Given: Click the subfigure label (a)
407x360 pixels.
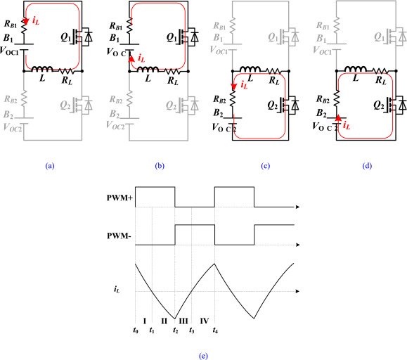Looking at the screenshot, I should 49,166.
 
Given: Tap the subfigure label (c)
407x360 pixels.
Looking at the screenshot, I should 264,166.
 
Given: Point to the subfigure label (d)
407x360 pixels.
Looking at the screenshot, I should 366,166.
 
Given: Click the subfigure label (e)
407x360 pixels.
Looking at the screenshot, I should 203,355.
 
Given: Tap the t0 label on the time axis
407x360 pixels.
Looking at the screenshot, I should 135,330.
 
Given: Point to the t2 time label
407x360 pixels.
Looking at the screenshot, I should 175,330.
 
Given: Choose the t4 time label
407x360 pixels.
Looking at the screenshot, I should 214,330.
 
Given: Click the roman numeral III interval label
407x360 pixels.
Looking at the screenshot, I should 183,321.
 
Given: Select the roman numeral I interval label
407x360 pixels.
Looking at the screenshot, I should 143,321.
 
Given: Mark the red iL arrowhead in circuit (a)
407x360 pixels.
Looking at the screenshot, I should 26,21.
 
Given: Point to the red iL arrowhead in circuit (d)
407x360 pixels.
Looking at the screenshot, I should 337,120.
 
